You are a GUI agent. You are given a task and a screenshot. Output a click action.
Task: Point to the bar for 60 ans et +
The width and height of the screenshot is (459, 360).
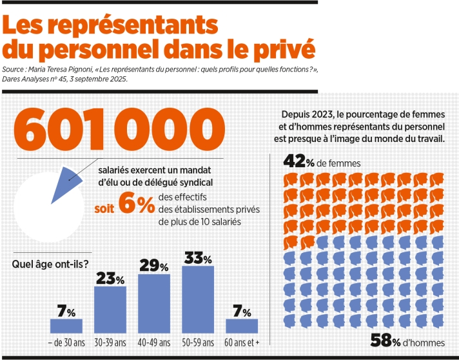(242, 326)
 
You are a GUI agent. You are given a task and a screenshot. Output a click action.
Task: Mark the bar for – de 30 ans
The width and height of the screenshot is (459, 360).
(66, 326)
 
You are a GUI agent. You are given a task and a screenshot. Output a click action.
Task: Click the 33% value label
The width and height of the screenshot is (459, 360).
(199, 257)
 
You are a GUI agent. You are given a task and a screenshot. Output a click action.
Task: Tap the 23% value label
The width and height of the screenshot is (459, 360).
(110, 278)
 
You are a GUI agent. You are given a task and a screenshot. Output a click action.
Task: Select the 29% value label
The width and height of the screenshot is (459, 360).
(155, 266)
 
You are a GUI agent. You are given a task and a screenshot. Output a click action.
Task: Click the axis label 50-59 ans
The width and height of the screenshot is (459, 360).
(199, 342)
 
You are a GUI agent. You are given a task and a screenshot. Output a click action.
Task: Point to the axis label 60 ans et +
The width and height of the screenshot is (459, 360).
(242, 342)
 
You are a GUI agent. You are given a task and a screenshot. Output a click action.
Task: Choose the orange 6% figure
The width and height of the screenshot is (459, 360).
(137, 205)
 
